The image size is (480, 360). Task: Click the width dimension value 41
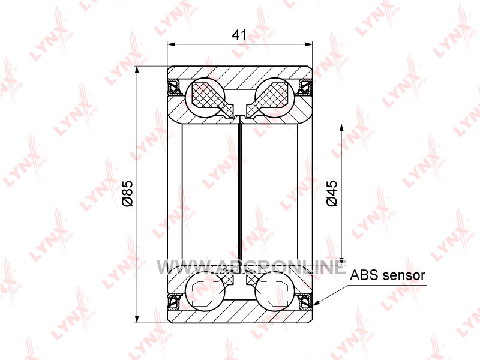point(239,35)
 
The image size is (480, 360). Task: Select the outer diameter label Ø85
point(127,193)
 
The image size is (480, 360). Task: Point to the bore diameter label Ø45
point(332,193)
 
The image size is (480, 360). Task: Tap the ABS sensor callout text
point(388,275)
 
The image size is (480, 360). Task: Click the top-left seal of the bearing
point(174,86)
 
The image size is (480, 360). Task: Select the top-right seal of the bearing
point(305,86)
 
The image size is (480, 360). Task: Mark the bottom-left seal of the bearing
point(174,301)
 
